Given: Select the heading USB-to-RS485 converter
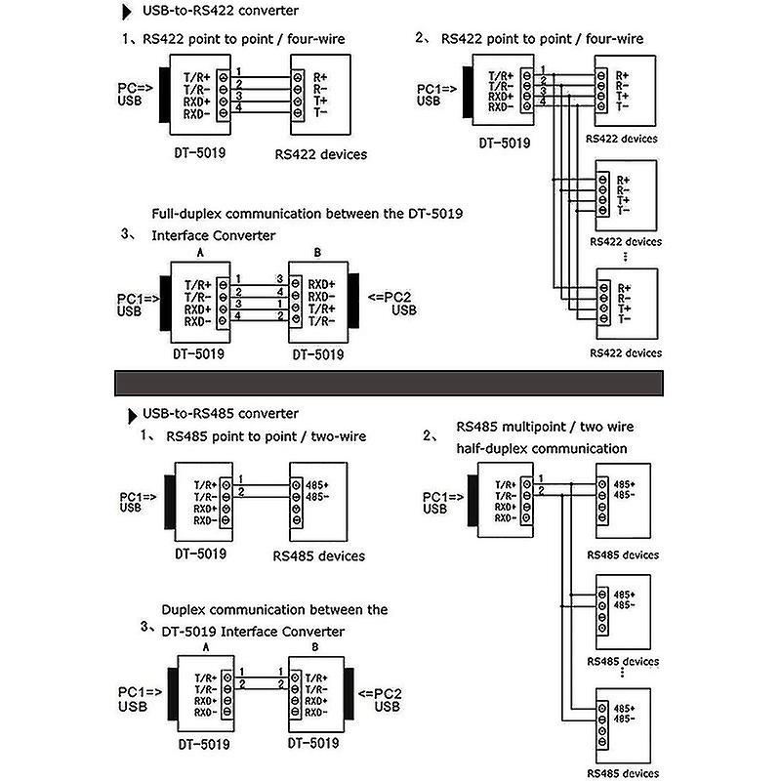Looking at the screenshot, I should [x=221, y=414].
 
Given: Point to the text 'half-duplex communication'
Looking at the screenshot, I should [x=542, y=448].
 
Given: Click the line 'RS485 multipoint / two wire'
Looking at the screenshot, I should [x=545, y=428].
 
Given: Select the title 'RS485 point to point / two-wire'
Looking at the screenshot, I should [x=266, y=436].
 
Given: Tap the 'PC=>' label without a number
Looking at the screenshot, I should [x=134, y=87].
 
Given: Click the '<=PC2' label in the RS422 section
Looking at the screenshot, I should [x=388, y=297].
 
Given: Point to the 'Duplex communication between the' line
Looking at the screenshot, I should [x=274, y=609].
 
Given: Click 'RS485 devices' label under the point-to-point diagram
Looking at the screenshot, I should [x=319, y=555].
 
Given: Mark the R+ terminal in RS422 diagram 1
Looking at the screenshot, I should [x=320, y=75].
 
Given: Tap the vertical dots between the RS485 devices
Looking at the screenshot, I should [x=621, y=674].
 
